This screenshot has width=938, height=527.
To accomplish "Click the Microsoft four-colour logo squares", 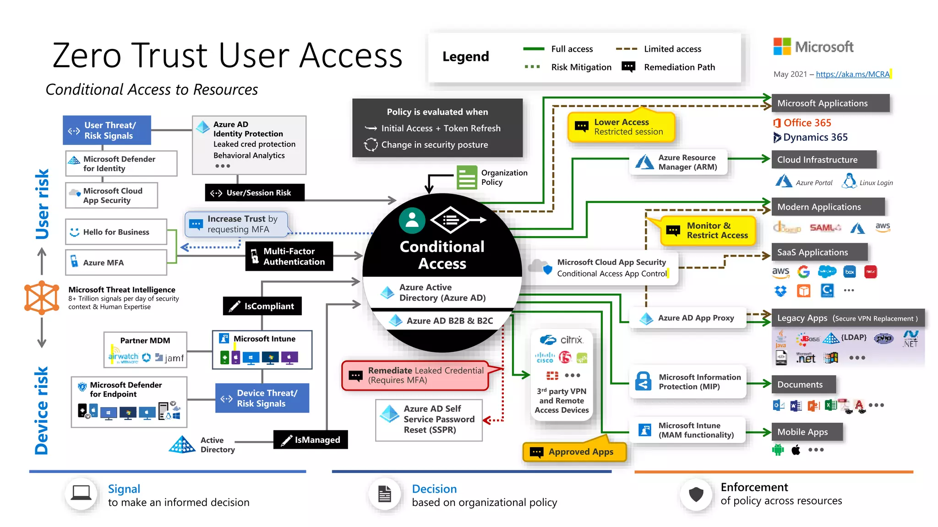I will click(782, 46).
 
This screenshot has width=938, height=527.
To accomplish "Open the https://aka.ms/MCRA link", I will click(852, 74).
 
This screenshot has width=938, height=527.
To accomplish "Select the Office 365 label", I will click(807, 123).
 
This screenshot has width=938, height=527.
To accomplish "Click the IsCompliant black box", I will click(262, 306).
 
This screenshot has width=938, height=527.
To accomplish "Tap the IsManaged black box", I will click(311, 440).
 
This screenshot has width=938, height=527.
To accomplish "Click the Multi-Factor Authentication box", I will click(289, 256).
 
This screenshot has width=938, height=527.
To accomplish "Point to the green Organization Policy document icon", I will click(467, 177).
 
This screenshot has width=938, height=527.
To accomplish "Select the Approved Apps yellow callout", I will click(574, 452).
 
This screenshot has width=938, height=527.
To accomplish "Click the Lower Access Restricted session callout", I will click(621, 127).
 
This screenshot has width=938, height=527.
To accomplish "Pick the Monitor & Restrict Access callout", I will click(708, 231).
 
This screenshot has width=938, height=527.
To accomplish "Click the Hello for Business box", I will click(116, 232).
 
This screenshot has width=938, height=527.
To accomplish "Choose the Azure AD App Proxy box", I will click(688, 318).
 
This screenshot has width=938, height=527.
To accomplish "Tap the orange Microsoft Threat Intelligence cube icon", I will click(42, 297).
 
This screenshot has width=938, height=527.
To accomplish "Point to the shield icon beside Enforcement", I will click(696, 494).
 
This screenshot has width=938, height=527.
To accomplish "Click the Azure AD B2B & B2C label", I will click(449, 321).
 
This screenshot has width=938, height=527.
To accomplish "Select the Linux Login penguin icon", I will click(849, 181).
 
